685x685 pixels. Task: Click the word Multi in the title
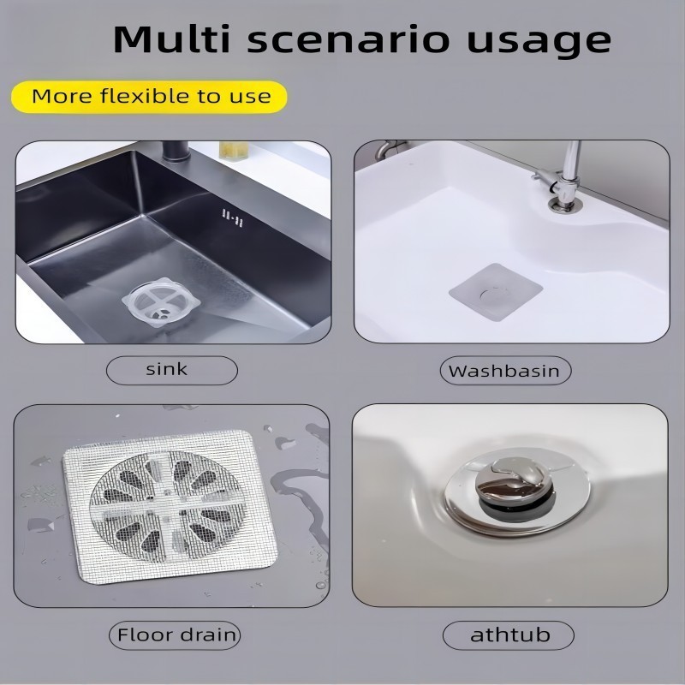[172, 39]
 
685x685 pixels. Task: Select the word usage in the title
[539, 43]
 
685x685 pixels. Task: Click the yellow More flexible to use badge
[149, 97]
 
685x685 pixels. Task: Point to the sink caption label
[172, 371]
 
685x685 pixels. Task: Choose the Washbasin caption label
[505, 371]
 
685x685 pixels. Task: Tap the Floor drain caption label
[175, 635]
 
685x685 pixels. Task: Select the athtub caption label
[508, 635]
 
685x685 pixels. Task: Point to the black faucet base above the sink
[176, 152]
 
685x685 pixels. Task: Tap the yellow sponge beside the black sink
[234, 150]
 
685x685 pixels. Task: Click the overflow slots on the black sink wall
[232, 217]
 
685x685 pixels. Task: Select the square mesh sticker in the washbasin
[496, 292]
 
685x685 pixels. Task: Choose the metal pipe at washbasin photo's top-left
[390, 148]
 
